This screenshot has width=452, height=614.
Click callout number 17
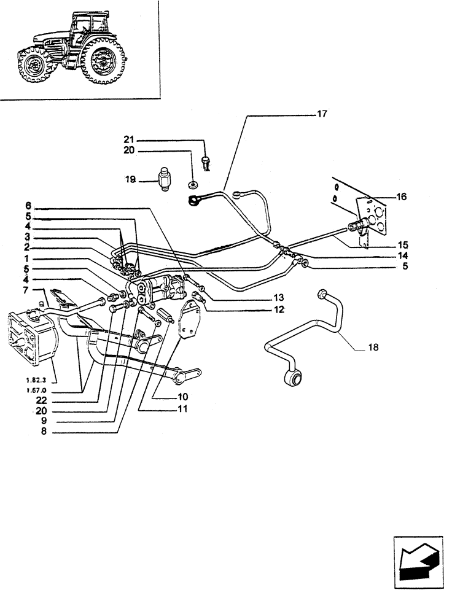322,114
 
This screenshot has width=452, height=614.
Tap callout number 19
130,181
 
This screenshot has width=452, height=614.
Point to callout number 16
402,197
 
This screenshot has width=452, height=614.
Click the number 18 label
374,347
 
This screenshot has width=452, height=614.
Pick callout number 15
402,244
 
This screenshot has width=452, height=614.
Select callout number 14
402,255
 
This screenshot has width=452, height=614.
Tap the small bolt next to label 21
206,163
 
